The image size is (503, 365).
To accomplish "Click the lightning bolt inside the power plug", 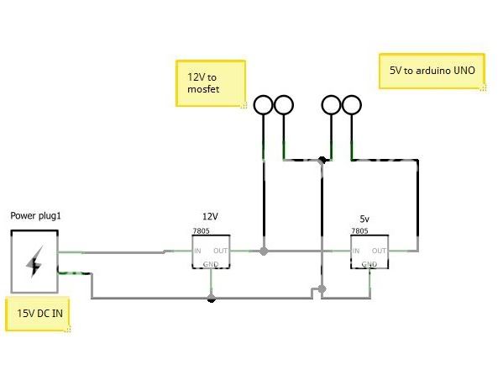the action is point(34,262).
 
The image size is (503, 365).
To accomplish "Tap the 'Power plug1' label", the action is point(35,216).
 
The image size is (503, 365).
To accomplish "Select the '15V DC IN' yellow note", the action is point(38,314).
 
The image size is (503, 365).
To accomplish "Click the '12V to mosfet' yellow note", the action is point(211,83).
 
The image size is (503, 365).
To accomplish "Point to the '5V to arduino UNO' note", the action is point(432,71).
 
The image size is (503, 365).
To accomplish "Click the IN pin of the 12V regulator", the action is point(197,251).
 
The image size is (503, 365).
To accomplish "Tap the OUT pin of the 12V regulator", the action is point(220,251).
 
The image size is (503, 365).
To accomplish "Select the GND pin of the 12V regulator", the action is point(211,264).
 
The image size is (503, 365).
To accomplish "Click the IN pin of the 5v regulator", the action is point(356,251).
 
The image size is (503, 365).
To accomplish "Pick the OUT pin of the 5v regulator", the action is point(379,251).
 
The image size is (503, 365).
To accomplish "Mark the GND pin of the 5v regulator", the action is point(369,264).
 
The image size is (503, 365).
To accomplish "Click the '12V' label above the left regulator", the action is point(210,216).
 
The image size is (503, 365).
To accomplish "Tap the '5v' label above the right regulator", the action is point(364,220).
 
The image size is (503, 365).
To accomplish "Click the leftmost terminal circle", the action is point(264,105).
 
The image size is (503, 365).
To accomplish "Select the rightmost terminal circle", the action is point(352,105).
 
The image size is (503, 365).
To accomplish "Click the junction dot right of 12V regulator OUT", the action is point(264,251).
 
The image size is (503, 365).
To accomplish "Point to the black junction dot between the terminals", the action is point(322,160).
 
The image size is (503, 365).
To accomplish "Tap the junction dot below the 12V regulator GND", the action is point(211,299).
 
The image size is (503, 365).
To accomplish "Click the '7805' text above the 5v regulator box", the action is point(359,231).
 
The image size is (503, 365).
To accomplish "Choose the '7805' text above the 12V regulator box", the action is point(202,231).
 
